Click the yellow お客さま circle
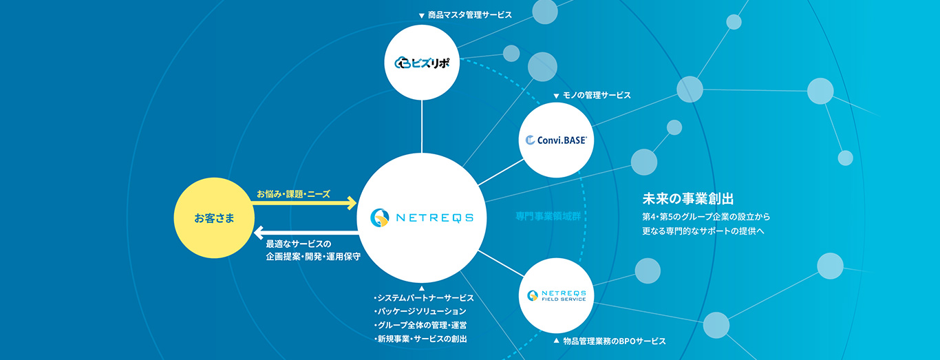coord(214,218)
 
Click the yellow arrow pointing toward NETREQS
coord(306,203)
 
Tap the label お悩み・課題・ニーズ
coord(294,194)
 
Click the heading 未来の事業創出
coord(687,199)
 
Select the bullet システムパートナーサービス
coord(423,298)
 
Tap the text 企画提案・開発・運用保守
coord(313,256)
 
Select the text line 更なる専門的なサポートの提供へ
coord(703,231)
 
